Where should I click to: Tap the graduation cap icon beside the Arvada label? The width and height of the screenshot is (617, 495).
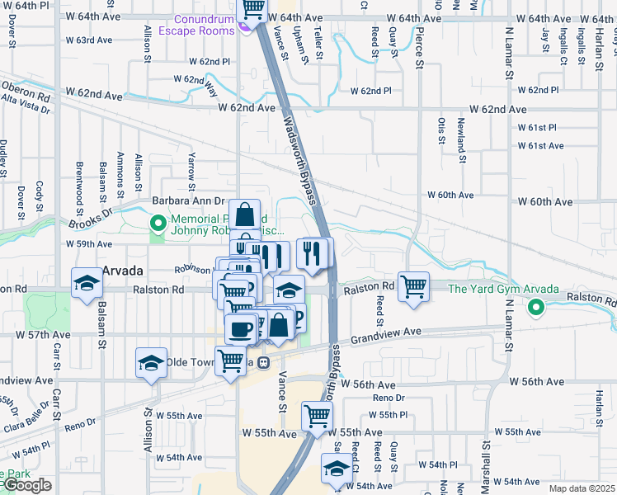(x=86, y=283)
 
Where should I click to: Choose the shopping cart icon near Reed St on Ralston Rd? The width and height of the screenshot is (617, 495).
(x=413, y=287)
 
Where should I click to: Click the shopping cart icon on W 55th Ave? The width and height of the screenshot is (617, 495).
(x=316, y=417)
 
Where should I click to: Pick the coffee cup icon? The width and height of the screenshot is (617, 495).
(x=240, y=329)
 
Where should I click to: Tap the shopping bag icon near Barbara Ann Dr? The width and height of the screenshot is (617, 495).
(x=245, y=215)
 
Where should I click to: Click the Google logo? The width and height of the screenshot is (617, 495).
(x=26, y=485)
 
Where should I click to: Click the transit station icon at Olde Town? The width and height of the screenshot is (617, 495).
(x=263, y=361)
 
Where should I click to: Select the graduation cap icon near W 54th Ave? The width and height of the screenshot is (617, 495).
(x=335, y=469)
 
